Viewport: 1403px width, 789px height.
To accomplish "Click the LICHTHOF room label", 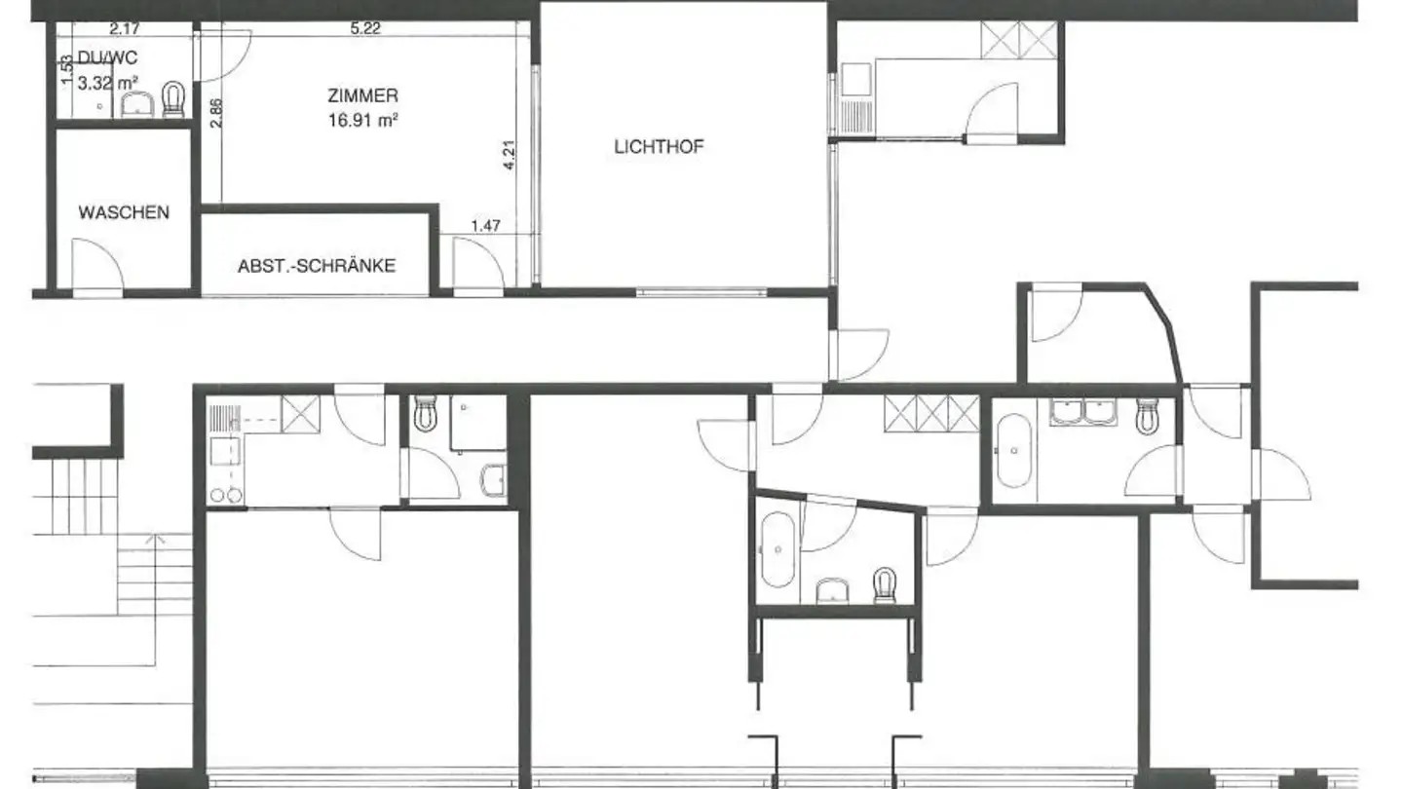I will click(659, 148).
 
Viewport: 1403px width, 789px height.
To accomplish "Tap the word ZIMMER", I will click(362, 95).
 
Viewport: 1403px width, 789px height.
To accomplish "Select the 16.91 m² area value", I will click(365, 122).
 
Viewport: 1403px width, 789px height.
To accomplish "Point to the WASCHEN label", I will click(124, 212).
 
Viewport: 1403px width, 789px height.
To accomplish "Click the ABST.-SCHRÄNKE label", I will click(317, 265).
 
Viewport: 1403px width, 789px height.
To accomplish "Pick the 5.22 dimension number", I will click(365, 28).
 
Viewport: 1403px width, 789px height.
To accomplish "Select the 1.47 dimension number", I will click(485, 226).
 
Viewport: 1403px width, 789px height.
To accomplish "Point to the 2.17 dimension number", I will click(124, 28).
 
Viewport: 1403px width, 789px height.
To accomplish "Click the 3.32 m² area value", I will click(105, 83).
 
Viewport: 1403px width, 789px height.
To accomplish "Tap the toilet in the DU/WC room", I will click(174, 98).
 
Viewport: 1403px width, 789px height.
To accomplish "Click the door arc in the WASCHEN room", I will click(99, 265).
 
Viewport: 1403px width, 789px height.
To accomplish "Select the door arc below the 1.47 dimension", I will click(479, 264).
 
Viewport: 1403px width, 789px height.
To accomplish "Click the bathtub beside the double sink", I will click(1014, 452).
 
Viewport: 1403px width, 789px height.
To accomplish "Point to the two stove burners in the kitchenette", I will click(226, 495).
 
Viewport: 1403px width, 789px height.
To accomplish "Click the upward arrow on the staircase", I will click(149, 538).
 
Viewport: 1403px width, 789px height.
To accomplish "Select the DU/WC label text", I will click(104, 57).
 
